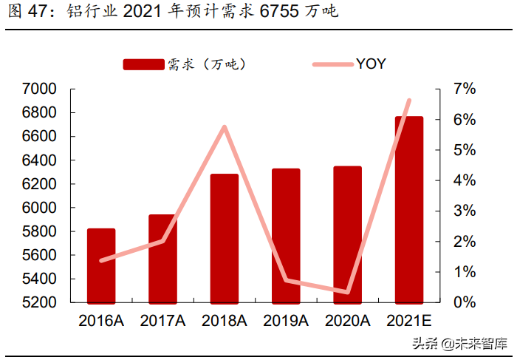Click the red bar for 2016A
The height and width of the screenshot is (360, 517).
pyautogui.click(x=101, y=266)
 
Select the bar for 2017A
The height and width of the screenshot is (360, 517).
pyautogui.click(x=162, y=259)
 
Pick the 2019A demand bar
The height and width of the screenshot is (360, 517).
pyautogui.click(x=286, y=236)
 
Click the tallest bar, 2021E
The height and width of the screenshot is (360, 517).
pyautogui.click(x=408, y=210)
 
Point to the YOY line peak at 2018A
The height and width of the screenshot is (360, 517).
pyautogui.click(x=224, y=127)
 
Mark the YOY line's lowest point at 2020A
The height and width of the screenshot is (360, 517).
pyautogui.click(x=347, y=292)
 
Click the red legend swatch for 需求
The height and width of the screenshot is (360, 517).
pyautogui.click(x=143, y=64)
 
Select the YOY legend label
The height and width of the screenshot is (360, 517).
pyautogui.click(x=371, y=64)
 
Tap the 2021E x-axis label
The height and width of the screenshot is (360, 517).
pyautogui.click(x=408, y=320)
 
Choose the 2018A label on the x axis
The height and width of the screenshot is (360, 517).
pyautogui.click(x=225, y=320)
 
